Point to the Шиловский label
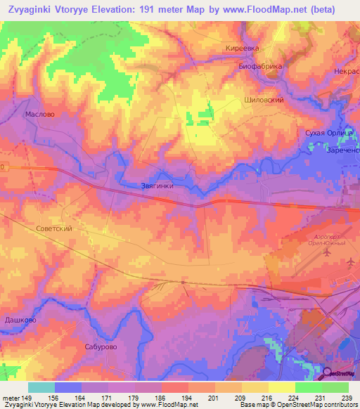(264, 100)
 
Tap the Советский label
(53, 228)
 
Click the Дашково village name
(20, 320)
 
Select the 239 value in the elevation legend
(346, 397)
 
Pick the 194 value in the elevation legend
(186, 397)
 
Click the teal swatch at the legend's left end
(41, 387)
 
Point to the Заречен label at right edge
(342, 149)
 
